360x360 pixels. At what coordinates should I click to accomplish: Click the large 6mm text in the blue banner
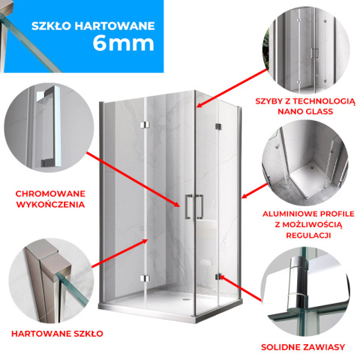point(124,43)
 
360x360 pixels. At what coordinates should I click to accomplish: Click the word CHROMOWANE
point(50,193)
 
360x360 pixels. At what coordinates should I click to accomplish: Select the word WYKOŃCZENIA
point(50,204)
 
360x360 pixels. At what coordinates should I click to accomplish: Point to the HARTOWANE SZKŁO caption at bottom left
point(57,334)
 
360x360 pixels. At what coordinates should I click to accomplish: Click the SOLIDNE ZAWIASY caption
point(303,347)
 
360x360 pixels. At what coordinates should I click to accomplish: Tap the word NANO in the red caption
point(289,111)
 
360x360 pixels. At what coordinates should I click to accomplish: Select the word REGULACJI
point(308,235)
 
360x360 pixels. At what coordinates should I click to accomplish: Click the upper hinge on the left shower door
point(145,124)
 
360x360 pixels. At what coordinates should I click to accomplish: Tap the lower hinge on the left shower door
point(145,278)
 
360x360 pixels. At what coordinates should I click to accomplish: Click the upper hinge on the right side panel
point(218,127)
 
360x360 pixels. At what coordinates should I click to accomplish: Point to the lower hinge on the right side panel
point(218,277)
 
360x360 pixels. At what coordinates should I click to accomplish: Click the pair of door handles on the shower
point(194,206)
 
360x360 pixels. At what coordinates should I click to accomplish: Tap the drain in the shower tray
point(186,298)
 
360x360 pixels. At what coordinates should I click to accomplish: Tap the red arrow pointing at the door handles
point(133,179)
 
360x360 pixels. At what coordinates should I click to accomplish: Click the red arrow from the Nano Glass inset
point(232,88)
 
